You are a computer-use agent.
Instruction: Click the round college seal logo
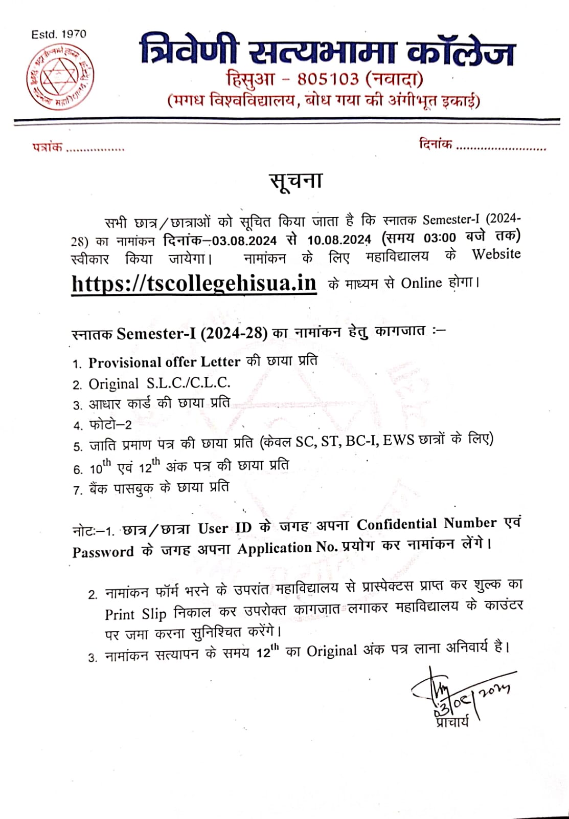click(x=60, y=77)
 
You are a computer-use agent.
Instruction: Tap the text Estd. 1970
click(x=59, y=34)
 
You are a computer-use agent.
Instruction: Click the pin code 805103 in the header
click(x=328, y=79)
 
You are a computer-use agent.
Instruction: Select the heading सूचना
click(x=296, y=181)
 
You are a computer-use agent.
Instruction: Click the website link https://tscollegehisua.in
click(x=194, y=283)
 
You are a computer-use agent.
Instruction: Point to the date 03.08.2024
click(x=244, y=240)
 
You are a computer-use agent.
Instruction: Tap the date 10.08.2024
click(x=338, y=240)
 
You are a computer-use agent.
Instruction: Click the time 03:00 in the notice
click(x=439, y=238)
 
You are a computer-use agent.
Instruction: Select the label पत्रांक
click(x=47, y=147)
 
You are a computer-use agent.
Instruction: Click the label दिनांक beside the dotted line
click(x=435, y=144)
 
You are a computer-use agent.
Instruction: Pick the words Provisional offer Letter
click(x=164, y=362)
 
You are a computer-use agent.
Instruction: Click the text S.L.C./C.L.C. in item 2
click(x=189, y=383)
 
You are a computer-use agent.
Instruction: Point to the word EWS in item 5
click(x=398, y=440)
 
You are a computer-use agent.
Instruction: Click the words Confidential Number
click(x=426, y=524)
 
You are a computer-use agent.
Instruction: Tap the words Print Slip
click(x=136, y=614)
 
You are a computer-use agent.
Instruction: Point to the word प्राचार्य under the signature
click(x=452, y=722)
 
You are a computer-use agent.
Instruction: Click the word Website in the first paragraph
click(x=496, y=254)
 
